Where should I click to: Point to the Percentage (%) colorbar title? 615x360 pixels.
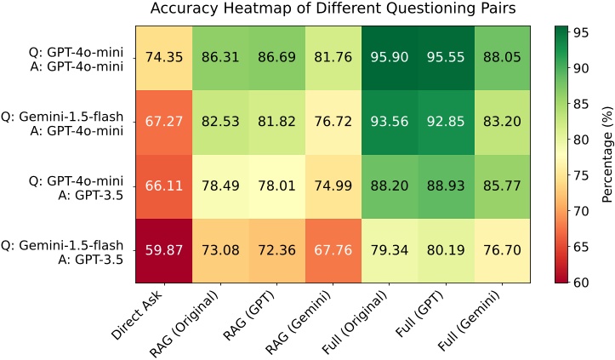click(606, 158)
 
